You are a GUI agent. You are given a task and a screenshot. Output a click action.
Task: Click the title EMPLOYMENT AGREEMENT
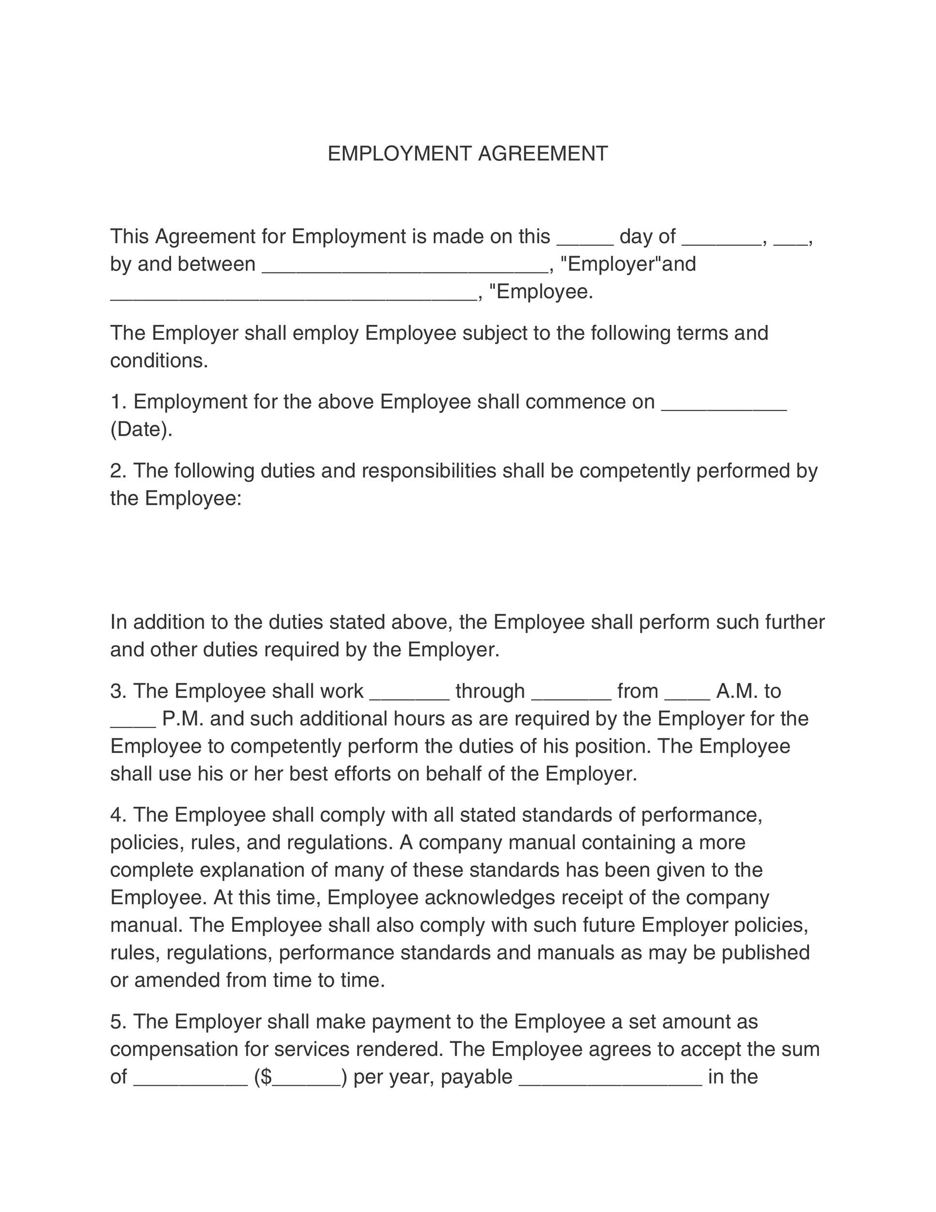468,154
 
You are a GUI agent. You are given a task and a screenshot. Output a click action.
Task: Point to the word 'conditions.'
159,361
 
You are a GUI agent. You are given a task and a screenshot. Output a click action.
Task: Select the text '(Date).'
141,430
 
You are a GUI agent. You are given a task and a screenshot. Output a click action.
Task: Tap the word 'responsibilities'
429,471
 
